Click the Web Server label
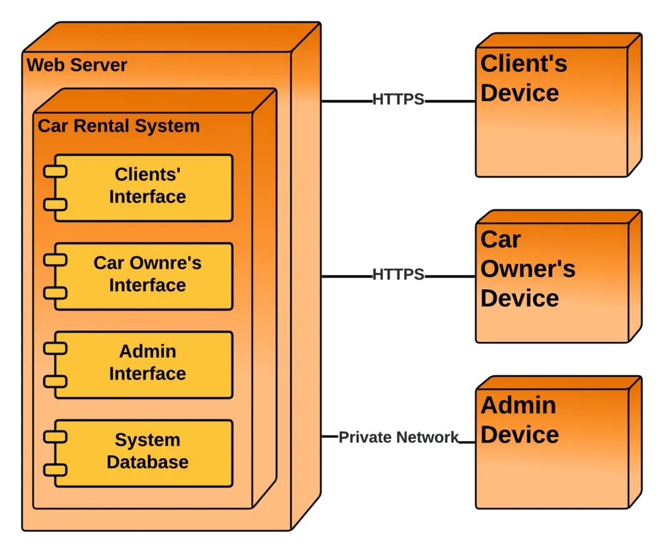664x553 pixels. pos(77,65)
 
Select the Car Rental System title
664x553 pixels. pos(119,126)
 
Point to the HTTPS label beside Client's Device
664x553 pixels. pos(398,100)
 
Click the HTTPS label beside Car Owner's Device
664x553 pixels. pos(398,274)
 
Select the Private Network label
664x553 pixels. pos(398,438)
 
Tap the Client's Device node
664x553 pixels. pos(551,110)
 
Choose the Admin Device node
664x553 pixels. pos(551,447)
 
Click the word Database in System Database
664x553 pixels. pos(147,462)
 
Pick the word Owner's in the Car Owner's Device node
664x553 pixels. pos(528,269)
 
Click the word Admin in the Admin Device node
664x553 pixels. pos(518,405)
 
